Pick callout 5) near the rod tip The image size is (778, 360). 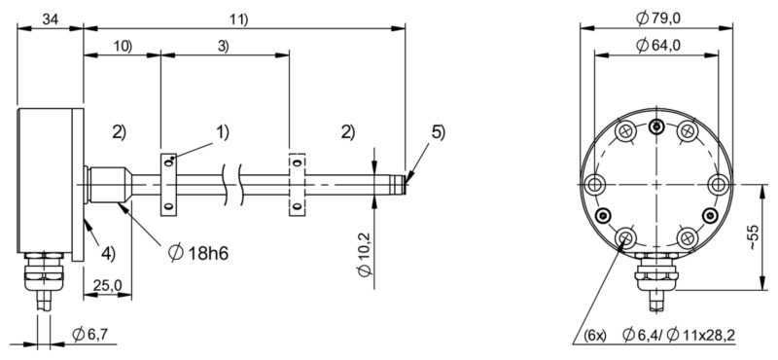pos(437,132)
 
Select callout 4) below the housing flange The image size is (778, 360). pos(110,256)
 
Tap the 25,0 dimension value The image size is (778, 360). pos(108,285)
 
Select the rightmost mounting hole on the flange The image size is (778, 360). pos(719,184)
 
